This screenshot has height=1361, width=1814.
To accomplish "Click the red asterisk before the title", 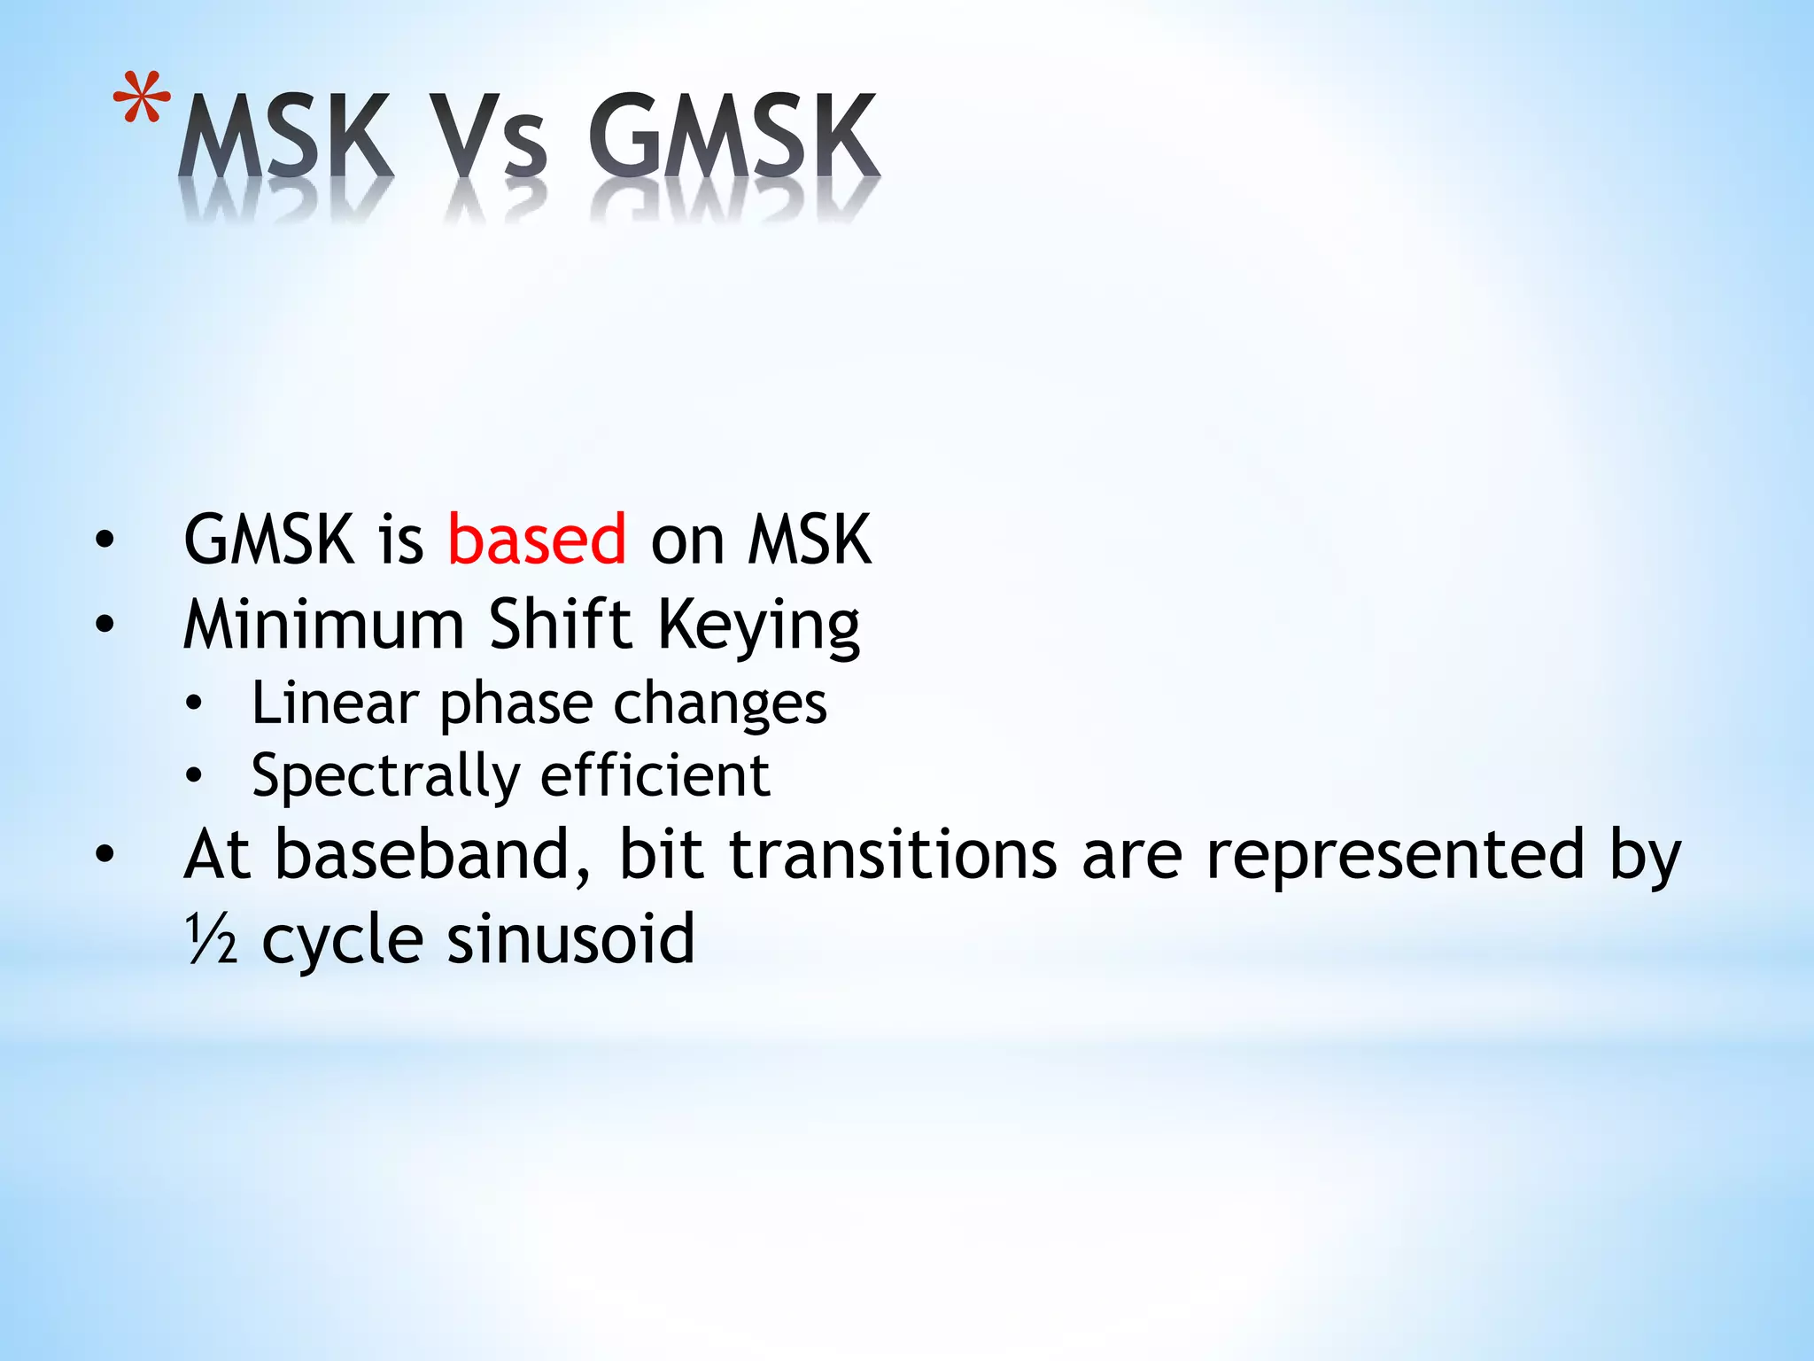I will click(143, 99).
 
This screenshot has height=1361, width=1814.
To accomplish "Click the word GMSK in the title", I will click(733, 137).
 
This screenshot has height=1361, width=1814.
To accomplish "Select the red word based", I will click(537, 540).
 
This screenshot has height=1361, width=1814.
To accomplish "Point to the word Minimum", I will click(323, 625).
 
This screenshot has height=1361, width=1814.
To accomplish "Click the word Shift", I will click(561, 625).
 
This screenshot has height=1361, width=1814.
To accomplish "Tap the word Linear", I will click(335, 704).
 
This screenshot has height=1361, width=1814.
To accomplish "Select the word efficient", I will click(655, 776).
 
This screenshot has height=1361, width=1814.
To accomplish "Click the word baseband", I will click(432, 855).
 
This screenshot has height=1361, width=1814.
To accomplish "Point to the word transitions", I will click(893, 855).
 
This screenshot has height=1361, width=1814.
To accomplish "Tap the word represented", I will click(1395, 855).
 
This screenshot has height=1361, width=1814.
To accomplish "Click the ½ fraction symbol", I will click(211, 939).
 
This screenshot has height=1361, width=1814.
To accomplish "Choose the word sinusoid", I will click(570, 939).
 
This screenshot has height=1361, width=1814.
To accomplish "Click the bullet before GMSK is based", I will click(105, 540).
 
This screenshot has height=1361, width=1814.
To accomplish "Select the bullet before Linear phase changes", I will click(194, 704).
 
